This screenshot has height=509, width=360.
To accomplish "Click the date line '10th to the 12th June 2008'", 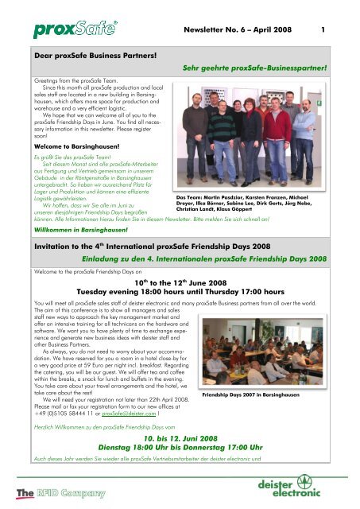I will tap(180, 282).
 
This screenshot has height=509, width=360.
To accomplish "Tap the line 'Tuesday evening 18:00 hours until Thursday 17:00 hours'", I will tap(180, 292).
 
